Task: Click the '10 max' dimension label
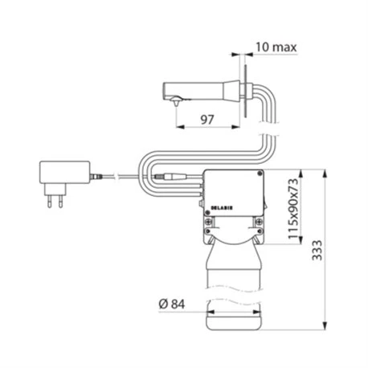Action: coord(276,47)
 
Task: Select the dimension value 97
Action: coord(207,120)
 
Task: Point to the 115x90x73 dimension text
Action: coord(292,208)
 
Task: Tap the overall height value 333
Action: coord(317,250)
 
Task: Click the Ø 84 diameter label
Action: coord(172,304)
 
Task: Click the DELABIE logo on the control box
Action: coord(222,208)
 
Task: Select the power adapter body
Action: coord(65,172)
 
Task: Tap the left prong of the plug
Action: coord(49,201)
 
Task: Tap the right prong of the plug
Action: coord(60,201)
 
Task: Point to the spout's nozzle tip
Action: coord(176,103)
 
